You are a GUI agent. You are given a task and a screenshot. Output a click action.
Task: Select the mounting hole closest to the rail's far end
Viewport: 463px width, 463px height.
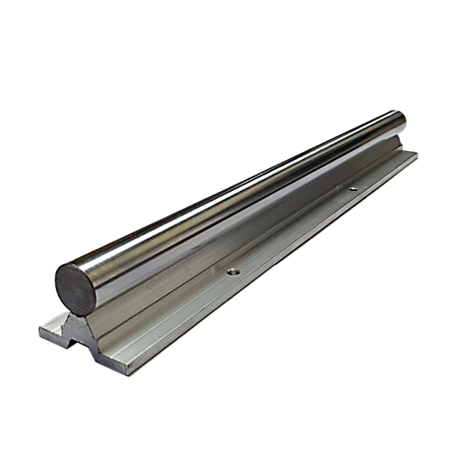[352, 189]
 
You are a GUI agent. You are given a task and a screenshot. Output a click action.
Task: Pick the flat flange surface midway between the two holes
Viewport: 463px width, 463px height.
[294, 230]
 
